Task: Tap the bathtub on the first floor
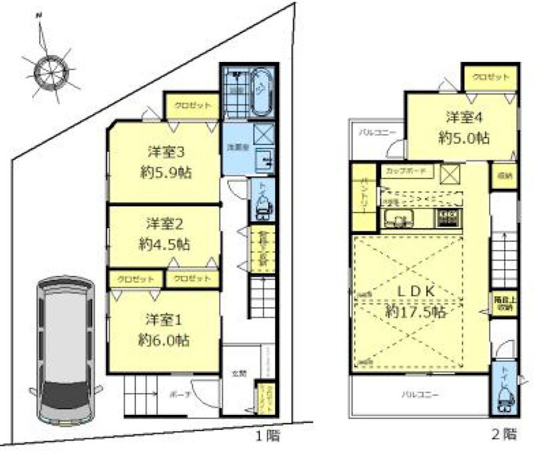(262, 91)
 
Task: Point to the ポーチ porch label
(176, 394)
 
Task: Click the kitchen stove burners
(450, 217)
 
